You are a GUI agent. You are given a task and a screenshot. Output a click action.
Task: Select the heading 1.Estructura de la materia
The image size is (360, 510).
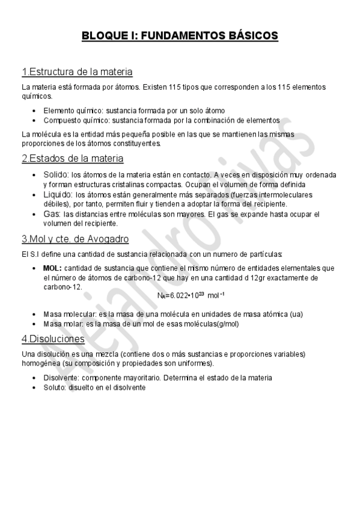click(x=76, y=72)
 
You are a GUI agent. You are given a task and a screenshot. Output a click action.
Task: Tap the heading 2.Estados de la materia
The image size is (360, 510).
click(x=72, y=159)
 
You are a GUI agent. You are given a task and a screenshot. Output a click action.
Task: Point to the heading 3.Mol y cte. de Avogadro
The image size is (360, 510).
click(x=75, y=239)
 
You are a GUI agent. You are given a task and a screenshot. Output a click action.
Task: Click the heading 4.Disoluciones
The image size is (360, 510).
click(x=53, y=339)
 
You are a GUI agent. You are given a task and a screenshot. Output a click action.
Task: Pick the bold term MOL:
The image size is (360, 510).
click(x=52, y=268)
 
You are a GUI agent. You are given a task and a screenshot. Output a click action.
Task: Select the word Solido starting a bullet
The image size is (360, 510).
click(x=56, y=174)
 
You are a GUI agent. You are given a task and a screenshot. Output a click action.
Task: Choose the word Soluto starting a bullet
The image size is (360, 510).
click(x=55, y=387)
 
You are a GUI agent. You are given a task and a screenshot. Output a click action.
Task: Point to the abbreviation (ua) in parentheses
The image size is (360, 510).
click(x=296, y=314)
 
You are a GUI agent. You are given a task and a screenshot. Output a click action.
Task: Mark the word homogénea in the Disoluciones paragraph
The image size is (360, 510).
click(x=41, y=364)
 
